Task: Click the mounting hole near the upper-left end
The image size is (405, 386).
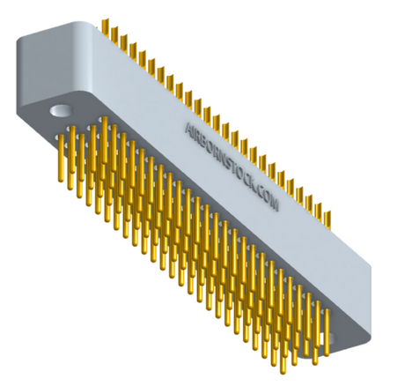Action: [x=61, y=111]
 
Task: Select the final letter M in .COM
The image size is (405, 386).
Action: [x=273, y=204]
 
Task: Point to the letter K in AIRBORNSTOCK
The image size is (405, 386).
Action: [x=252, y=184]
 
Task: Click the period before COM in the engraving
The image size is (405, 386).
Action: [x=255, y=192]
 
